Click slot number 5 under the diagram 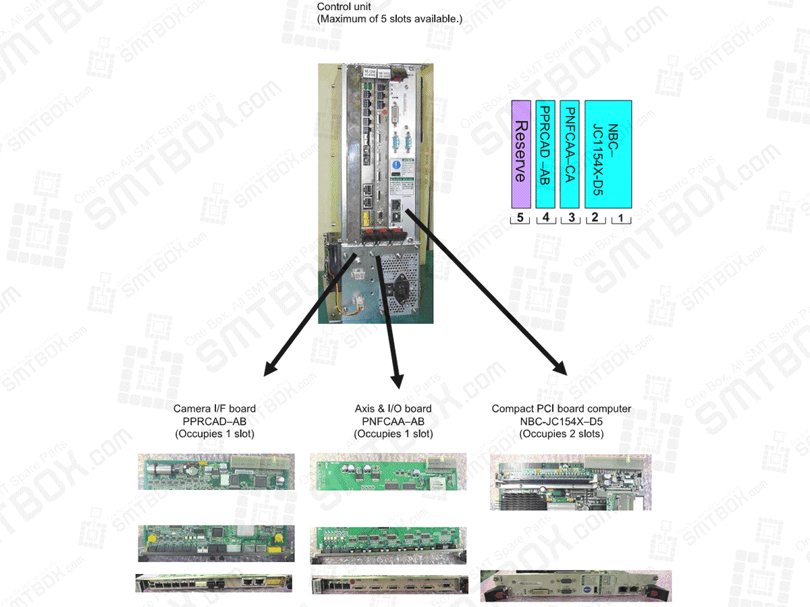click(x=520, y=219)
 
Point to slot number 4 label click(x=545, y=219)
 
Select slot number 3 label click(x=570, y=219)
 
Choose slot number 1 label click(x=621, y=219)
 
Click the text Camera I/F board click(x=215, y=409)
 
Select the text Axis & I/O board click(x=393, y=409)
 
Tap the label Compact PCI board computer click(x=562, y=409)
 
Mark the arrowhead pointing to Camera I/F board click(x=270, y=368)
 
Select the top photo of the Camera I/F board click(x=217, y=471)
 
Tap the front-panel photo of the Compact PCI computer click(x=576, y=585)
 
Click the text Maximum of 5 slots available click(x=389, y=19)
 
